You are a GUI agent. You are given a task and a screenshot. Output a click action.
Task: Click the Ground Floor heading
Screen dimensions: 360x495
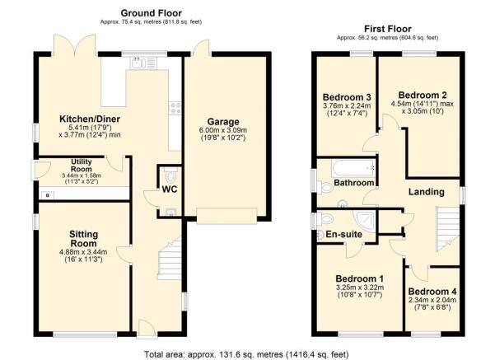pos(151,12)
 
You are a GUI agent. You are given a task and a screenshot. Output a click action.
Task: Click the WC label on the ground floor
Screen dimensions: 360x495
pos(169,189)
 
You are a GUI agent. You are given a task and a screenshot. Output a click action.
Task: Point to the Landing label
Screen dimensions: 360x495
pos(427,192)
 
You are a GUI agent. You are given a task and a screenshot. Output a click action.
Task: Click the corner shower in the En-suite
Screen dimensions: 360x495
pos(362,217)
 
